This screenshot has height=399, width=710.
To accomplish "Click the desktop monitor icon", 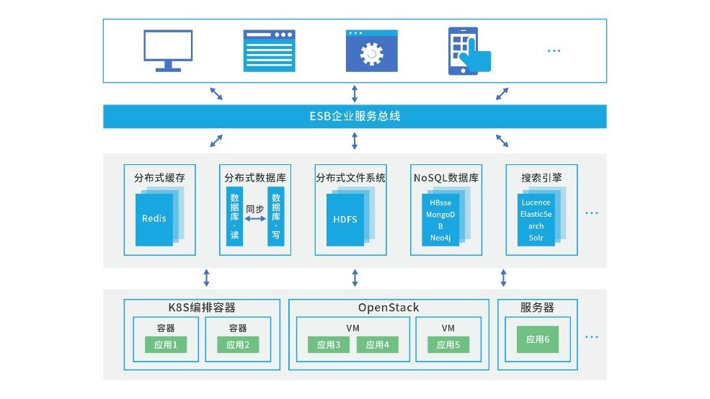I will [168, 50].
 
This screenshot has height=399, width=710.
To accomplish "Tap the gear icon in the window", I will [372, 53].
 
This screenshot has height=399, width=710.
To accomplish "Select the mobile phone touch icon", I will [469, 50].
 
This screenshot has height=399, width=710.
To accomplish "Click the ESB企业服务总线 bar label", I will [355, 116].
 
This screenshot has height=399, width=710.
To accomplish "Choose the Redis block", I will [154, 218].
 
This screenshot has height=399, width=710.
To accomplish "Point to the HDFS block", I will [345, 220].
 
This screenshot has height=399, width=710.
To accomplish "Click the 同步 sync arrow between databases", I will [255, 219].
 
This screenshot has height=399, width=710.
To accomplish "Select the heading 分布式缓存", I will [159, 177].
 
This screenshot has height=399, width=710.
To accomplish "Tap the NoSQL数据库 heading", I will [446, 177].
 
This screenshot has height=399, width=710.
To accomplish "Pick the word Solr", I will [536, 238].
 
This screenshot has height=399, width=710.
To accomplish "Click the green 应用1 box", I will [165, 345].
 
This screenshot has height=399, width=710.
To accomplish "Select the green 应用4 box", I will [377, 345].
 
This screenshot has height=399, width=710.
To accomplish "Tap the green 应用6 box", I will [537, 339].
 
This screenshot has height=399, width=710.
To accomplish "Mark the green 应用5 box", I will [448, 345].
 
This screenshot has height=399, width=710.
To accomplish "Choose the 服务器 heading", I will [537, 308].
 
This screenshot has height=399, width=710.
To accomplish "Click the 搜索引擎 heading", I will [541, 177].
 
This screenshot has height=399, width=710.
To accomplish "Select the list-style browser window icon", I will [270, 50].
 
